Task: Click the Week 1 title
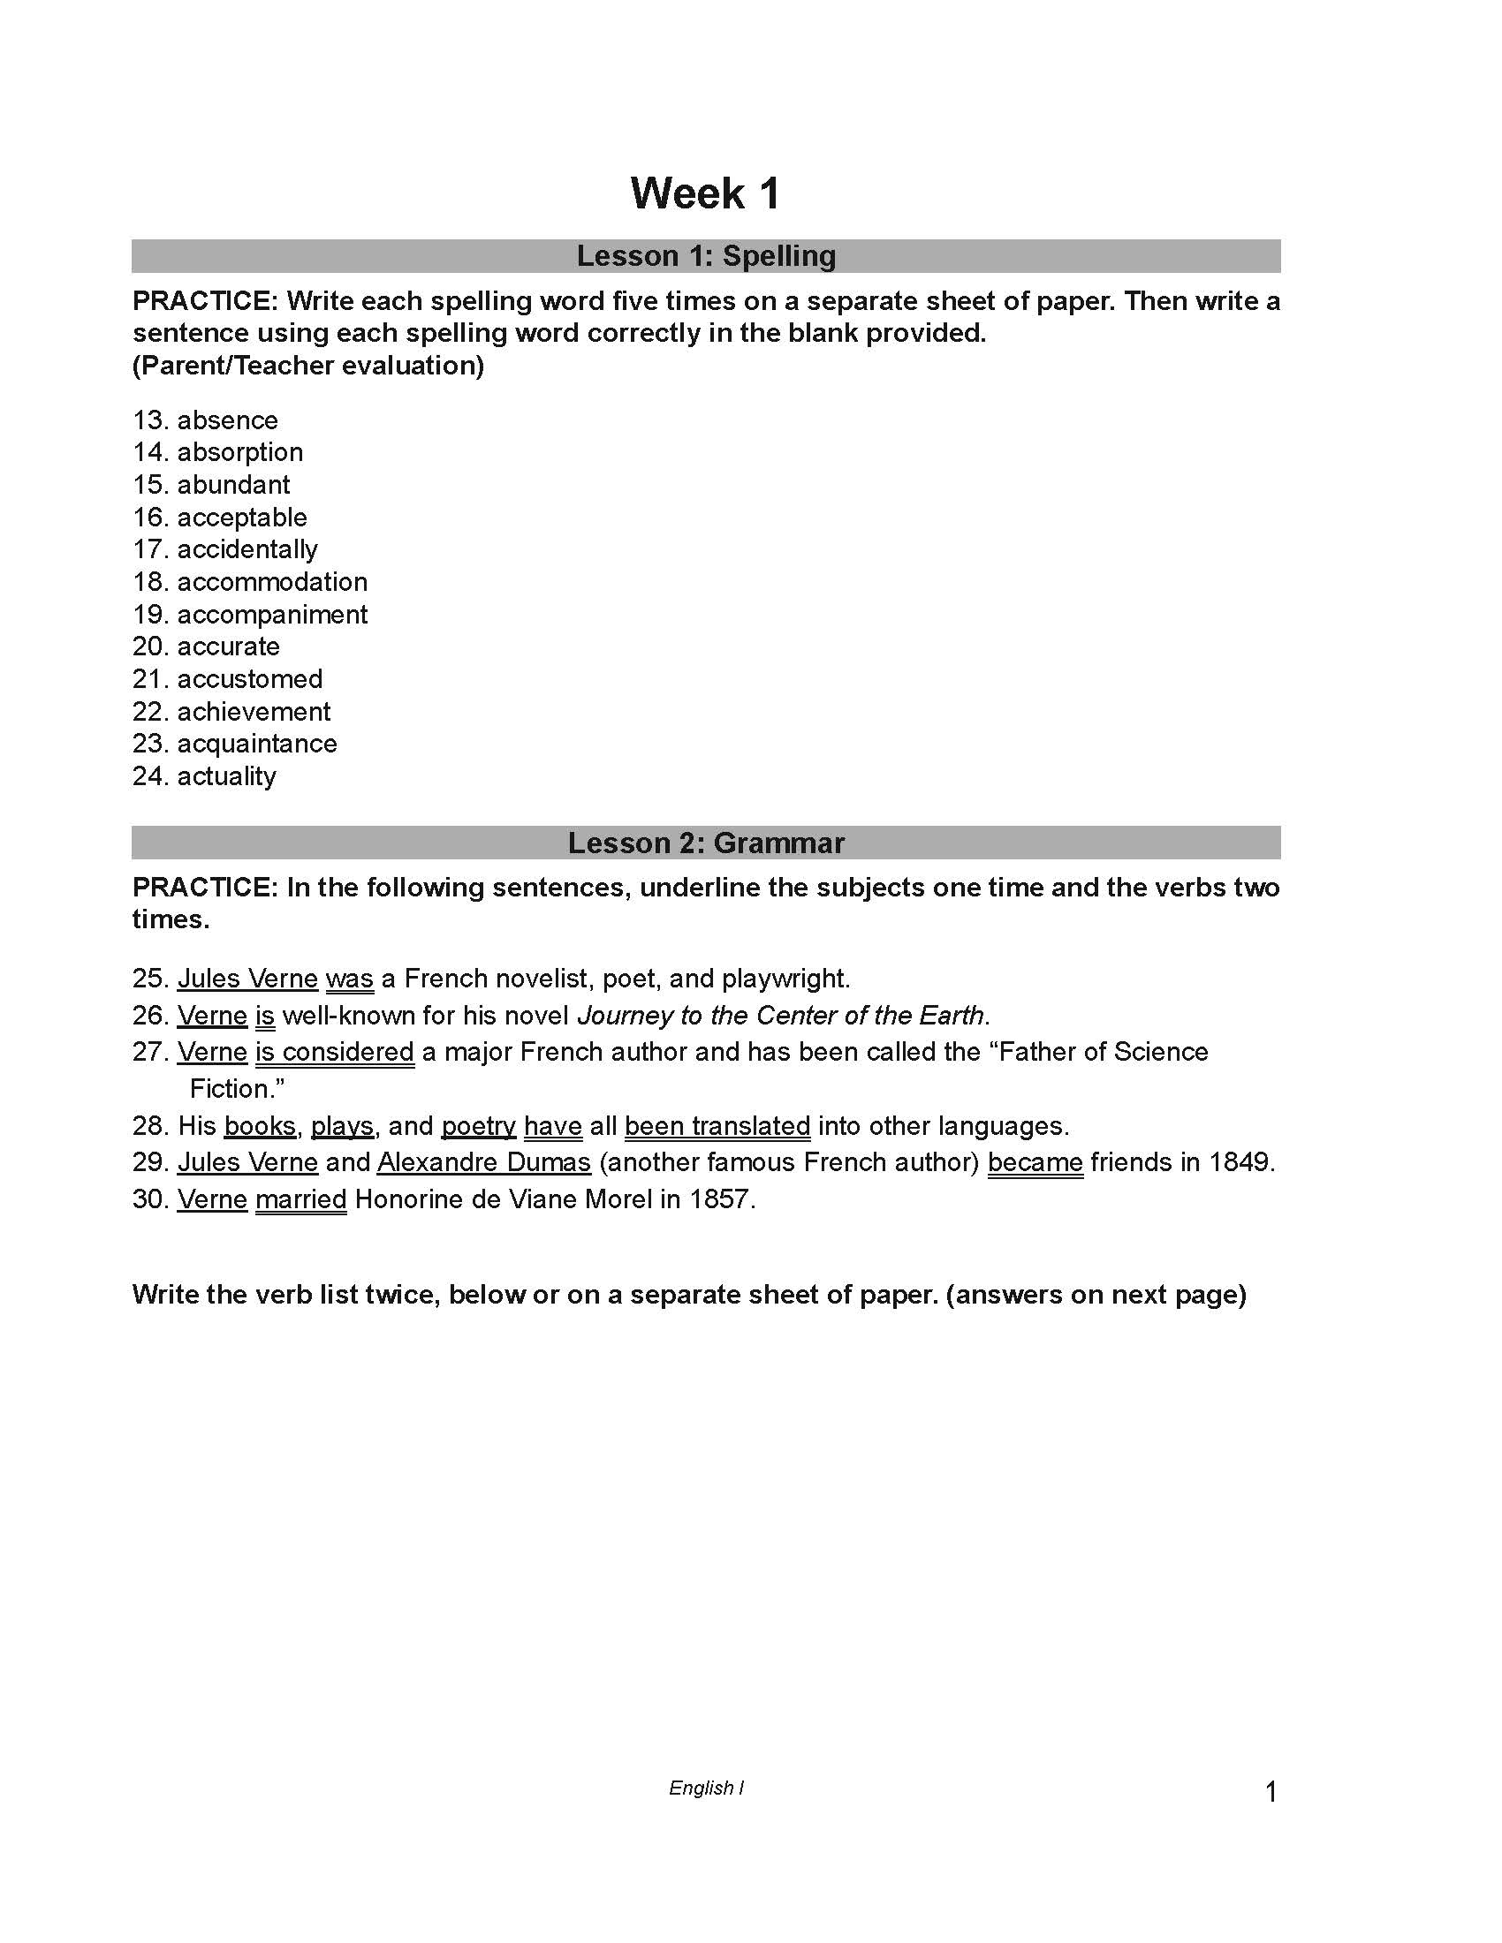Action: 706,193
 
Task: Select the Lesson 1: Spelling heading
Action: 706,256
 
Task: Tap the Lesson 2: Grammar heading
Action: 706,843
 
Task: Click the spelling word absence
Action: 228,420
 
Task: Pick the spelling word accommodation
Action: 272,582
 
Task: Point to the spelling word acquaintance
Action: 257,744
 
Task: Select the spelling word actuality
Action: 227,776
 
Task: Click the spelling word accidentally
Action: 247,550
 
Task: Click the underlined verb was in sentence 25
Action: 349,979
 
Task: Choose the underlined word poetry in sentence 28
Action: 478,1126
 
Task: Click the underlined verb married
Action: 300,1200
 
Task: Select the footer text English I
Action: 706,1788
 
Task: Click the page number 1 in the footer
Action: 1271,1792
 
